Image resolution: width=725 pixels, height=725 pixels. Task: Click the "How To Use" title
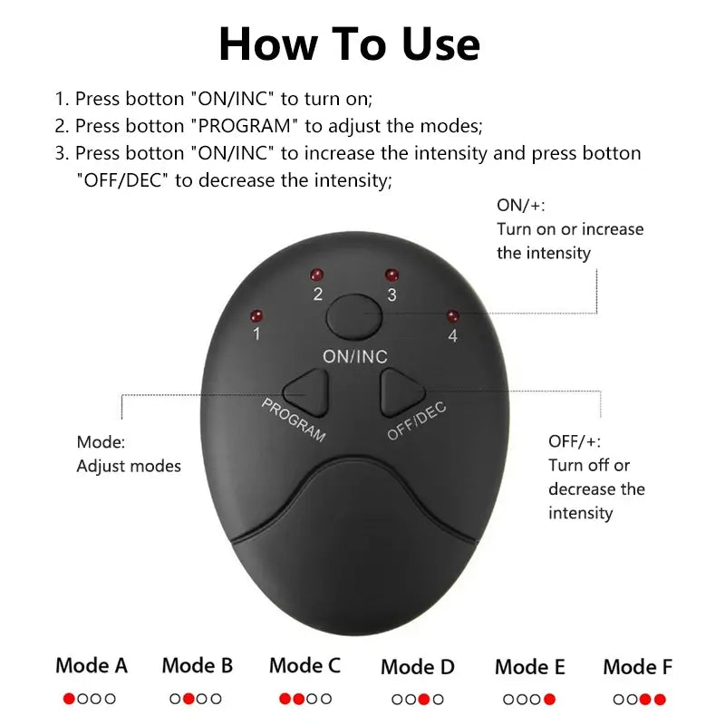[349, 43]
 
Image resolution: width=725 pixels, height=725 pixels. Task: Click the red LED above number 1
[256, 316]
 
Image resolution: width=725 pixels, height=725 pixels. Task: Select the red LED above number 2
[317, 275]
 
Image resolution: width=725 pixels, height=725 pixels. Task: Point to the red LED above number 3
[391, 275]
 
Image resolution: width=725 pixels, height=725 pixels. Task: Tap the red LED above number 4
[452, 317]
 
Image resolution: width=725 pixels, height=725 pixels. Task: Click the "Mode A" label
[92, 665]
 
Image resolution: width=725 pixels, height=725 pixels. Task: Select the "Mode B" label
[198, 665]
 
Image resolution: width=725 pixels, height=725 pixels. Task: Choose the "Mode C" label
[304, 665]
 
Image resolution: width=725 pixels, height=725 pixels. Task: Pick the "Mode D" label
[418, 667]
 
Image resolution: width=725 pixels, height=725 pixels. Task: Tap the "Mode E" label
[530, 667]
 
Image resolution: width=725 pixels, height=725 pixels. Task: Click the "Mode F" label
[638, 667]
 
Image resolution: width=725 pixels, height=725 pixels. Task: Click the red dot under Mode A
[69, 699]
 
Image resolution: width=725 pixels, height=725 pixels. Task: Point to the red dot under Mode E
[549, 700]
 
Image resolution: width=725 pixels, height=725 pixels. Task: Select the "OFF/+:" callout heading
[574, 441]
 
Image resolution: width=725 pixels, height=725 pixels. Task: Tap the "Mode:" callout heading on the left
[101, 442]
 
